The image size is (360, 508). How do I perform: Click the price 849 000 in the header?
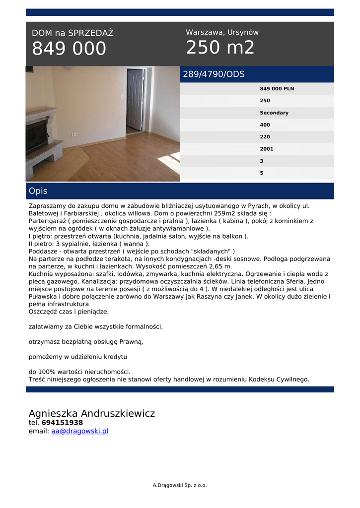[69, 49]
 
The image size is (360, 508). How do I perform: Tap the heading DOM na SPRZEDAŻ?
[72, 33]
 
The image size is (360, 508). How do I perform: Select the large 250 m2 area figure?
[220, 48]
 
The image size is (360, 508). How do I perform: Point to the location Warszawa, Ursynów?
[222, 32]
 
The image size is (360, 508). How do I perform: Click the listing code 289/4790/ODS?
[214, 74]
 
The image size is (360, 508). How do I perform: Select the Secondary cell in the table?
[274, 113]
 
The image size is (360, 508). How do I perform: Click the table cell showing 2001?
[266, 149]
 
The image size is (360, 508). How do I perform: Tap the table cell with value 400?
[265, 125]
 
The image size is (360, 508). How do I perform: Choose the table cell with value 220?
[265, 137]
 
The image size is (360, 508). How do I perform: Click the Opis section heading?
[38, 191]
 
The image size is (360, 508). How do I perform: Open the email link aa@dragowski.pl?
[79, 431]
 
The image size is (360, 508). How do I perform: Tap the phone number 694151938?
[62, 423]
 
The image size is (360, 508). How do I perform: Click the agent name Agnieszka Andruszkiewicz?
[92, 413]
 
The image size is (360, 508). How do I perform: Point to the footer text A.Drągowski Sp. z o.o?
[179, 485]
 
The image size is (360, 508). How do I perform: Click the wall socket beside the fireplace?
[74, 134]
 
